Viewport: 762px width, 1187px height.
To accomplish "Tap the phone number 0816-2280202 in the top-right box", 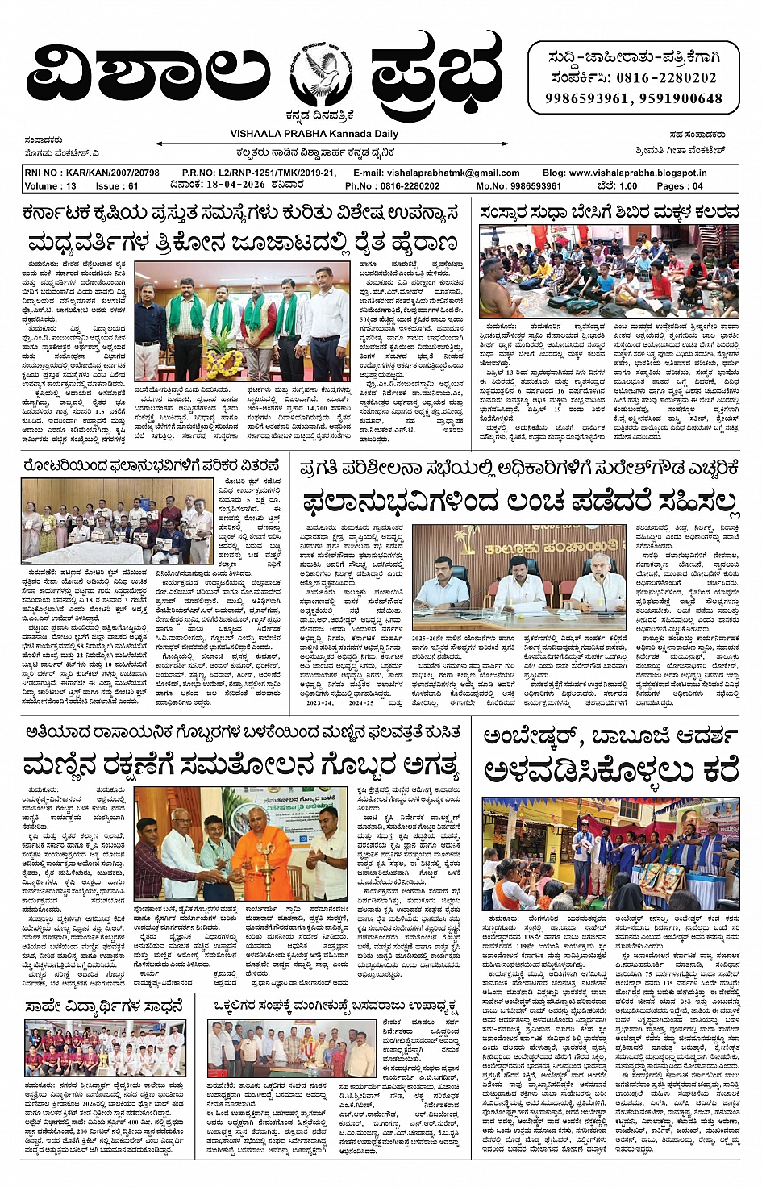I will [666, 78].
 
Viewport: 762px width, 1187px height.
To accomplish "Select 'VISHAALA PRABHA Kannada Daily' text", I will [314, 134].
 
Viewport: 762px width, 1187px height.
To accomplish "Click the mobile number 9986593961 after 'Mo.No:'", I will [530, 185].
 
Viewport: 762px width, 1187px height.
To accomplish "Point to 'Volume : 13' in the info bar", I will [51, 185].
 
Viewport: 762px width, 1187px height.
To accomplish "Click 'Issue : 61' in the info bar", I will [118, 185].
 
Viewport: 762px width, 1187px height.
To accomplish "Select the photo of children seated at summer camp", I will [608, 272].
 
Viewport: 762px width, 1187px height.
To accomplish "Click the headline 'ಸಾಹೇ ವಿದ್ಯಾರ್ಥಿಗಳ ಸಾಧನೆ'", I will [105, 1006].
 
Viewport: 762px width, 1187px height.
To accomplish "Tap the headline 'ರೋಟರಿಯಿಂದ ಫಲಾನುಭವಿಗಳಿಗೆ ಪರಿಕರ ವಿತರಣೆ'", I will [151, 466].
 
